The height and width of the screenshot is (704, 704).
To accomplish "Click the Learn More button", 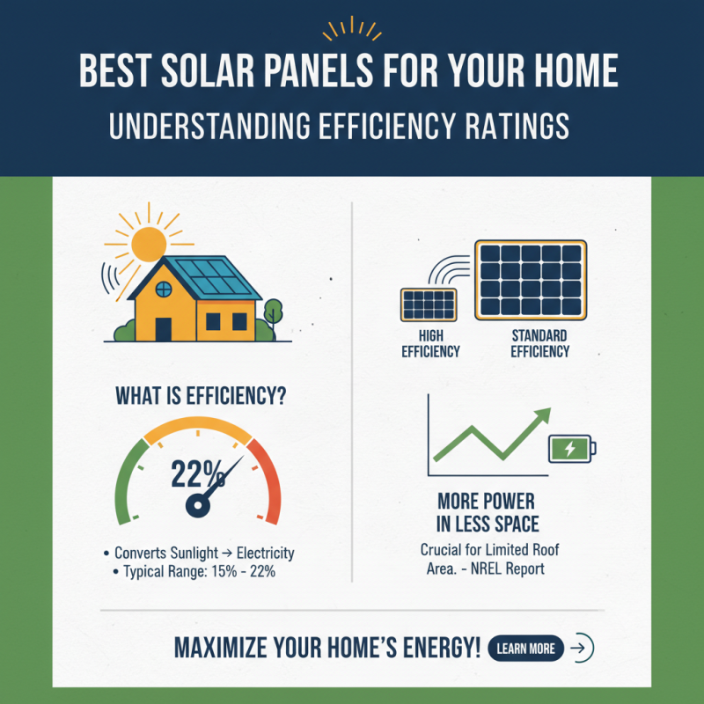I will coord(525,649).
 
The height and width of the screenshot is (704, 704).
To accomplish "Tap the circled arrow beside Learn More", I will coord(582,649).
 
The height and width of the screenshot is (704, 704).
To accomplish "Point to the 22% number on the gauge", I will coord(198,475).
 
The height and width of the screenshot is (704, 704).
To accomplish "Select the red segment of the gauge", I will coord(267,480).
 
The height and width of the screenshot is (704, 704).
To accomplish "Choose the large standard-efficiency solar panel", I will coord(531,280).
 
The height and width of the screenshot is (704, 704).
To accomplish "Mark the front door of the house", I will coord(164,329).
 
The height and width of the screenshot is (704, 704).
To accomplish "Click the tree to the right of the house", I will coord(272,312).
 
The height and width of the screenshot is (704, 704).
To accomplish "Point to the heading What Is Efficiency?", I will coord(201,397).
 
